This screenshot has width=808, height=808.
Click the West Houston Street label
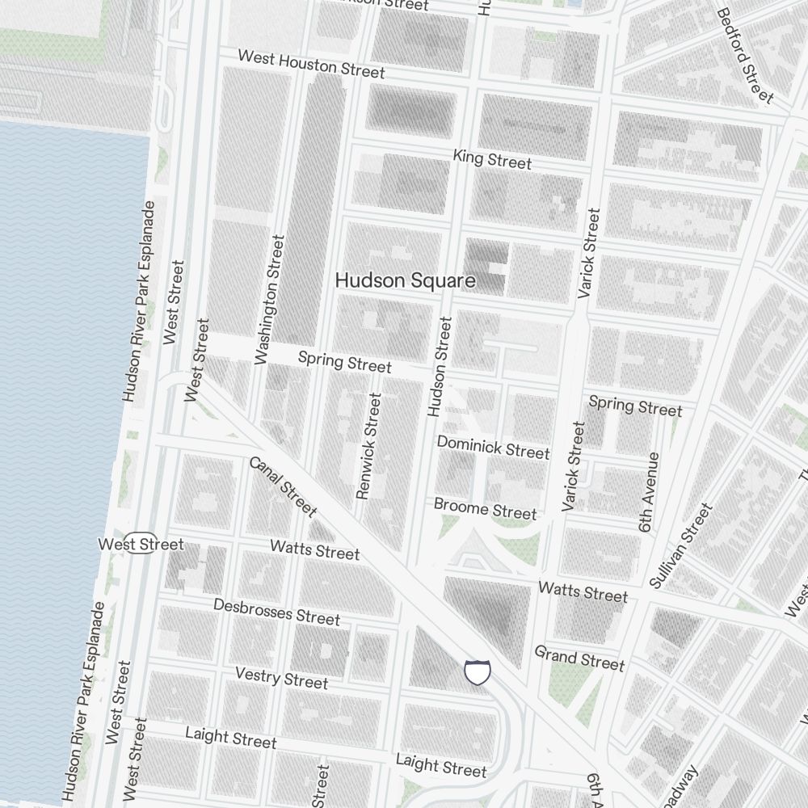[x=311, y=64]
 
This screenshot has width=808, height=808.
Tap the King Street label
[x=492, y=158]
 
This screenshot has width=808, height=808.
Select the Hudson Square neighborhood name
[x=405, y=280]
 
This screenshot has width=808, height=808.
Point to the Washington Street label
[x=270, y=299]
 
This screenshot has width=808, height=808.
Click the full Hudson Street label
[x=440, y=367]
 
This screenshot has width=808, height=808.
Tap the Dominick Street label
[x=493, y=447]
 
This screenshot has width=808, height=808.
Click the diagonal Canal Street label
[x=282, y=486]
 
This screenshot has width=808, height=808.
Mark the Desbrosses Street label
[x=276, y=612]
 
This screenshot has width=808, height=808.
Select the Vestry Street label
[x=281, y=677]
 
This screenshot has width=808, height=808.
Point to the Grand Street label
[x=579, y=658]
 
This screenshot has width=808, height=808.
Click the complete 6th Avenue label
[x=649, y=491]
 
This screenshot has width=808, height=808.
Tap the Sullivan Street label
[x=682, y=545]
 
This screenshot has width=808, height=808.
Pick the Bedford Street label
[x=744, y=56]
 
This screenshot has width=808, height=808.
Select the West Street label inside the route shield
[x=141, y=544]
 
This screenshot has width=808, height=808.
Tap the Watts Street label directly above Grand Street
[x=583, y=591]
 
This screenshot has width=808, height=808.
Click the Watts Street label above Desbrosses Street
[x=314, y=550]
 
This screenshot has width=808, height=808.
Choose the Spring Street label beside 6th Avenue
[x=635, y=406]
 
